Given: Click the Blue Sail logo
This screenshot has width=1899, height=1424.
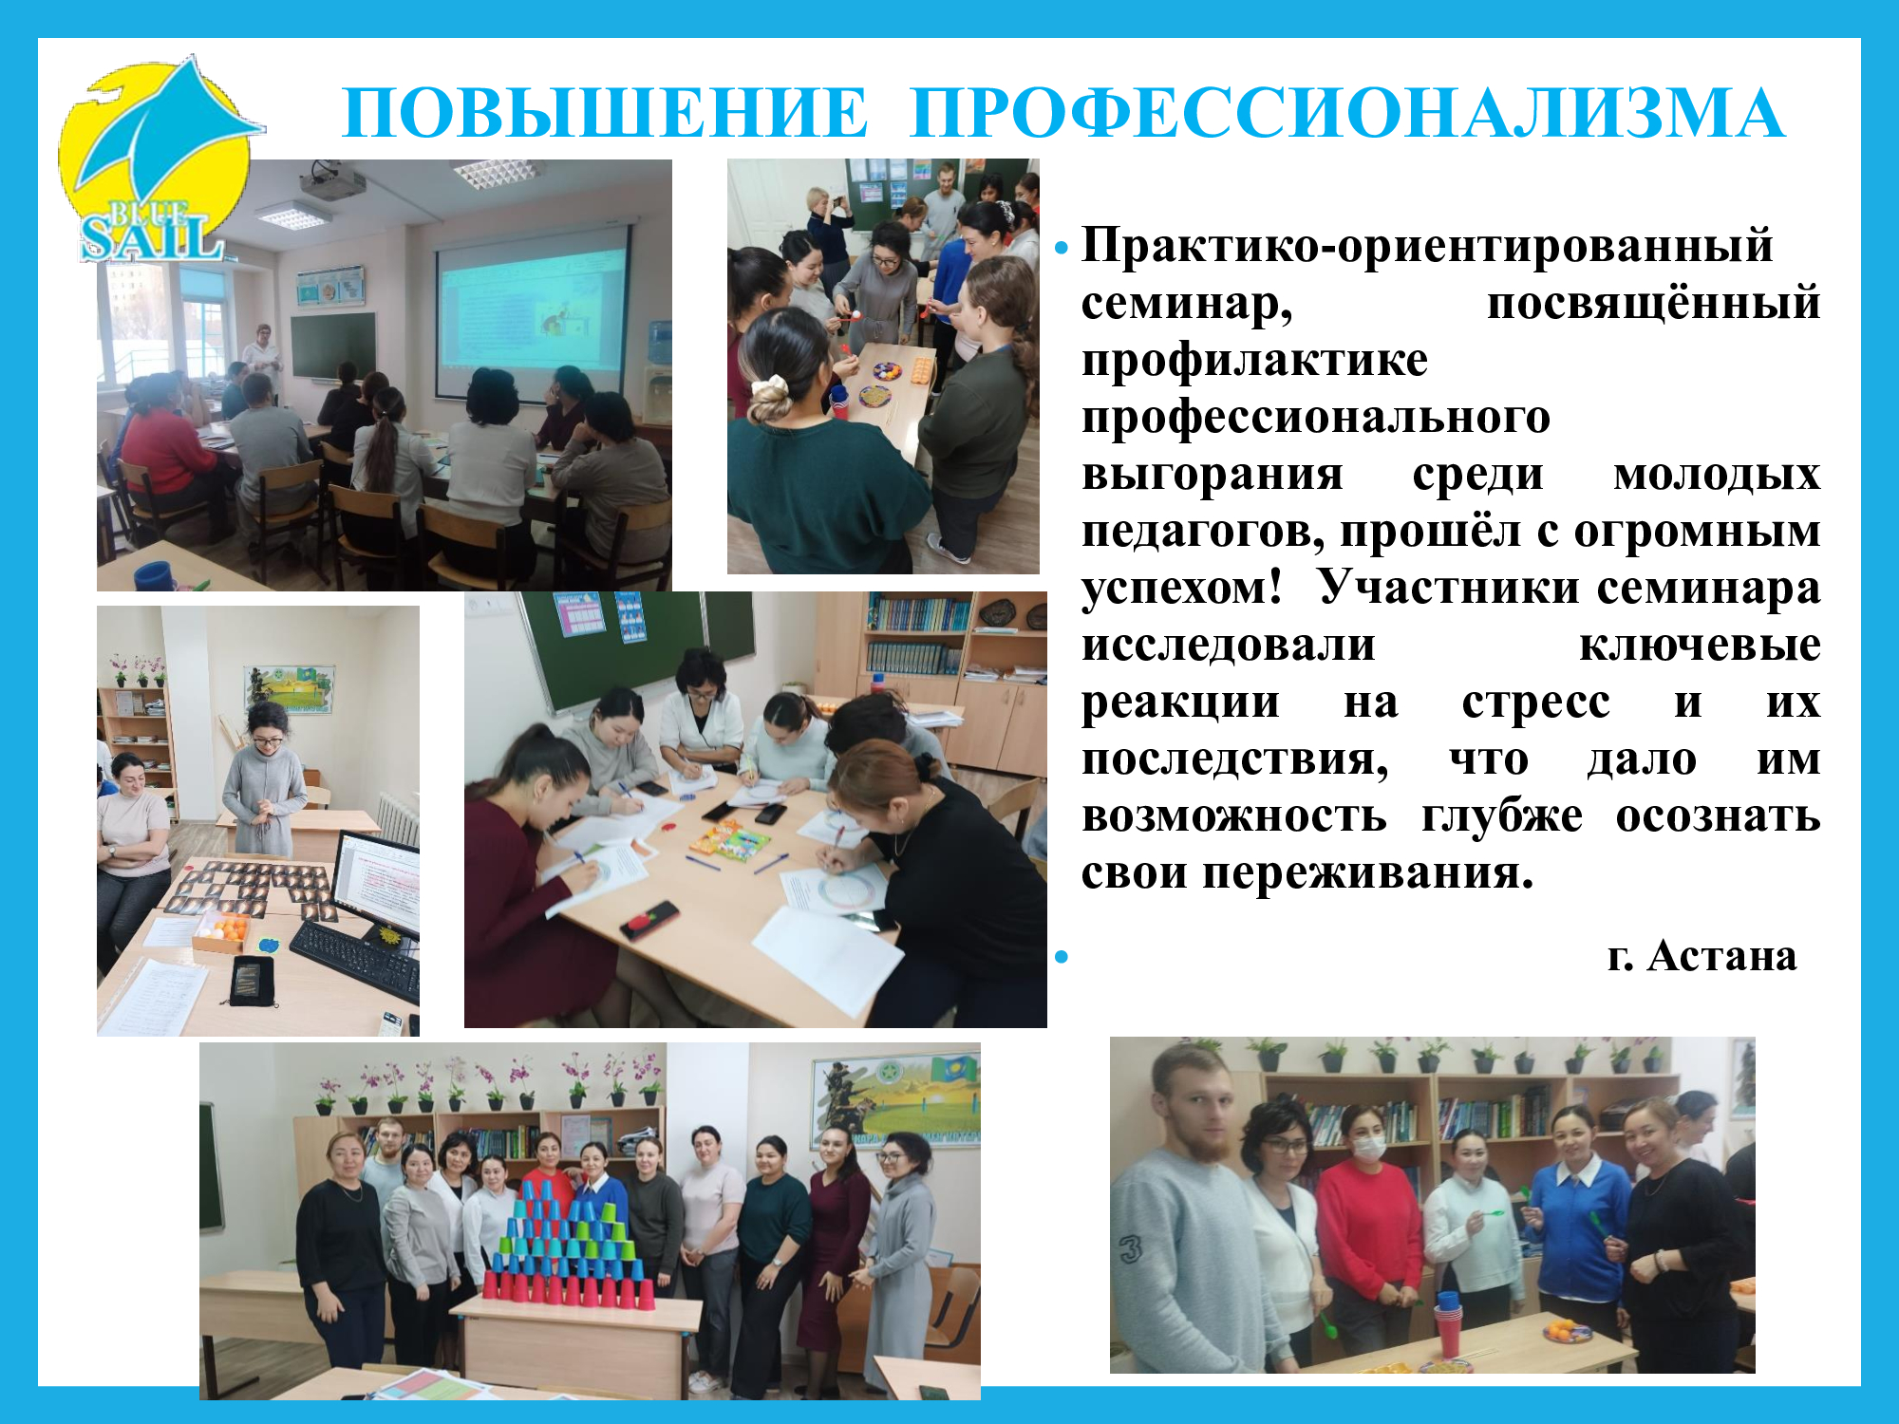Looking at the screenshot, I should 157,161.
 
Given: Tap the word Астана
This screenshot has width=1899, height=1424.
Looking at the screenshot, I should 1721,956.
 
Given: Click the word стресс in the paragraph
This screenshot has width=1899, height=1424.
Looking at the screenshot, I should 1535,703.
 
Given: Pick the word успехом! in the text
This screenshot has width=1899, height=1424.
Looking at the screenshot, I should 1181,590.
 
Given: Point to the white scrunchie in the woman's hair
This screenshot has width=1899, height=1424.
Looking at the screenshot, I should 767,390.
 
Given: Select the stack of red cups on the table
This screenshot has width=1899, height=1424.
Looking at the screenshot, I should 1447,1324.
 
